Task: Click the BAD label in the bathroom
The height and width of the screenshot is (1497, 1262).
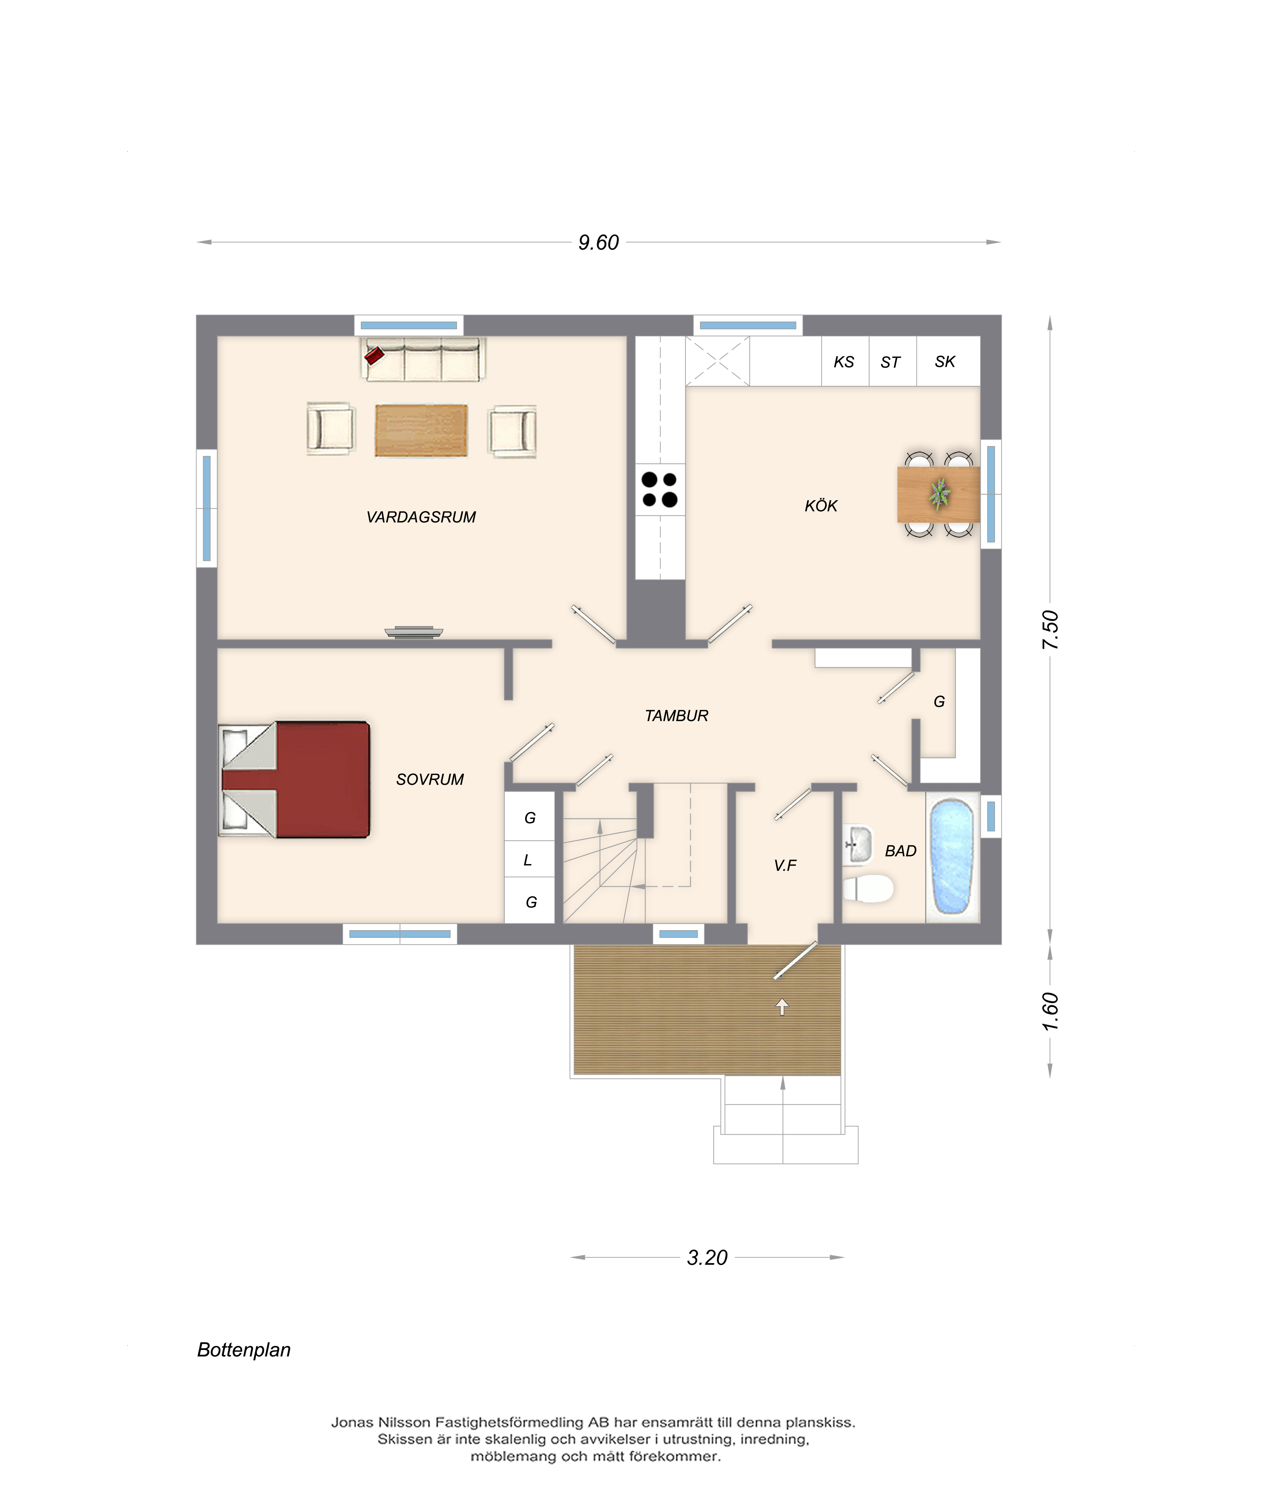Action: [901, 851]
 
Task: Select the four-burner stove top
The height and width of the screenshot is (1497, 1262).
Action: [660, 489]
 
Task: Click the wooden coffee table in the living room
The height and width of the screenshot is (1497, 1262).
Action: [421, 430]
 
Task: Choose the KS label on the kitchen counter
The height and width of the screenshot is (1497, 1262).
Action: [844, 362]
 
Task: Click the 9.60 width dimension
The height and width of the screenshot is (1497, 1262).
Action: [599, 242]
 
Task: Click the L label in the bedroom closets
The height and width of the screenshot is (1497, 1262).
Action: [528, 860]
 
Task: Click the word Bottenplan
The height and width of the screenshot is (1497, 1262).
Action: [244, 1350]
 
